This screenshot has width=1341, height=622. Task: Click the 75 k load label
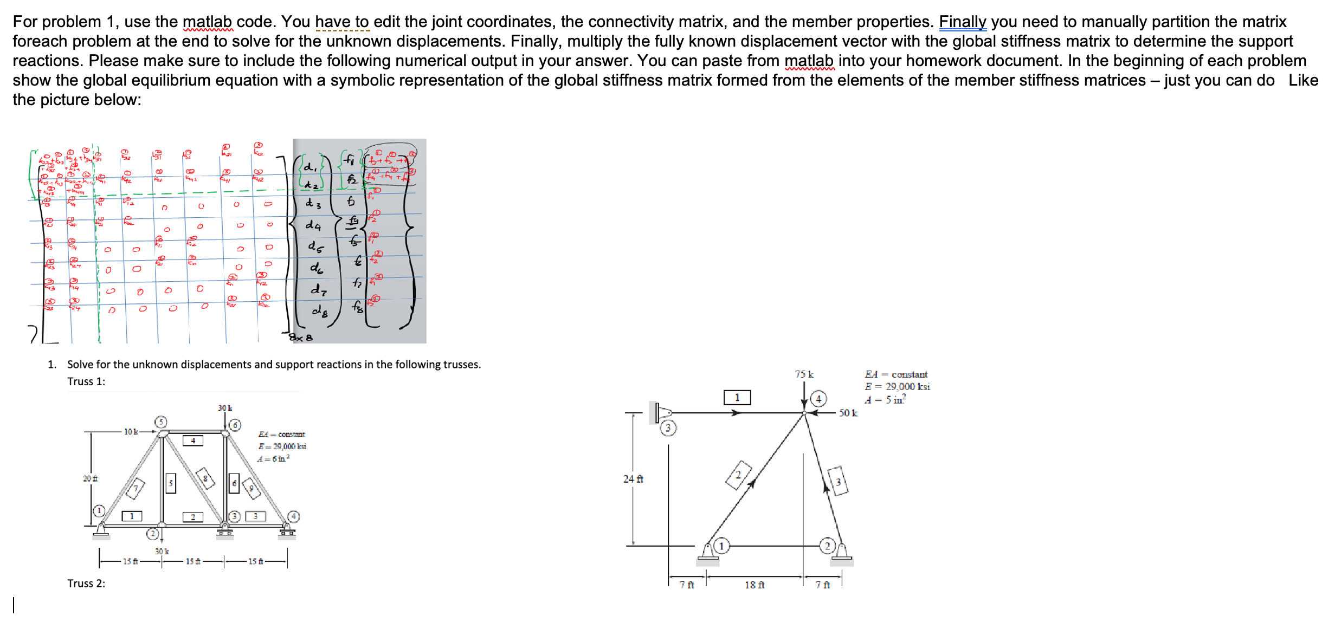804,374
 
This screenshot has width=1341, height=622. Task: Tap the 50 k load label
848,413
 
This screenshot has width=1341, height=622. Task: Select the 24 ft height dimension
633,479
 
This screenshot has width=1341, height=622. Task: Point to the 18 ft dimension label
754,585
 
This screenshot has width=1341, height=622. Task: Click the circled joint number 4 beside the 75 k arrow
818,399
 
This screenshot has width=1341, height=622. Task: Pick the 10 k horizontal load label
131,432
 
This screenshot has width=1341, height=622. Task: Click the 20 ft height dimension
90,479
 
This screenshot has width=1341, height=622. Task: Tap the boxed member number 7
136,488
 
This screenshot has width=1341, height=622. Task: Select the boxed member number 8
205,478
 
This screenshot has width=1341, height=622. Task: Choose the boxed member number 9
251,488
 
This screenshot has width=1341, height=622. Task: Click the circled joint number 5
160,422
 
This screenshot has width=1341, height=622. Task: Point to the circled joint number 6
235,425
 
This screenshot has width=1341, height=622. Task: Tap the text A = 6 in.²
273,459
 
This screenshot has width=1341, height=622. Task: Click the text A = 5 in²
885,400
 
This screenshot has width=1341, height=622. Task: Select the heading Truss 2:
86,584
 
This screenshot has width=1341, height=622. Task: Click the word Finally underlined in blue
963,22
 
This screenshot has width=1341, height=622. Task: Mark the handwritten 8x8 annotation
301,338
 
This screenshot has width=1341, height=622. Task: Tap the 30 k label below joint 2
162,552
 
